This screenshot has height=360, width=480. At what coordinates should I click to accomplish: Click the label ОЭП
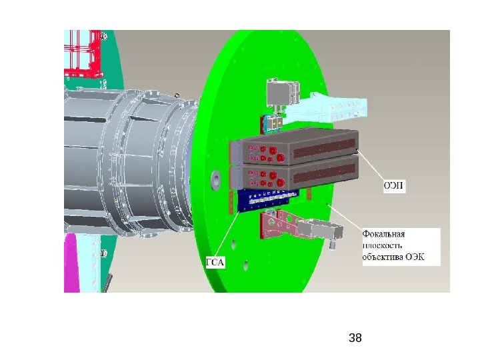click(394, 185)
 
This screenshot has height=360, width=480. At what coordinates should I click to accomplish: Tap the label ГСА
click(215, 263)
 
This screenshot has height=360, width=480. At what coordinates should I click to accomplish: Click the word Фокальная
click(383, 234)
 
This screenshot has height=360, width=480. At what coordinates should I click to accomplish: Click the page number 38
click(355, 338)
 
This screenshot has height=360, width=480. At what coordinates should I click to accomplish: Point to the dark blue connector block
click(266, 200)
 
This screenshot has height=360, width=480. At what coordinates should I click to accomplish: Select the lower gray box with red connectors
click(294, 175)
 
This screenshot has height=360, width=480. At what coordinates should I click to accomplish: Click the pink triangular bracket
click(279, 223)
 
